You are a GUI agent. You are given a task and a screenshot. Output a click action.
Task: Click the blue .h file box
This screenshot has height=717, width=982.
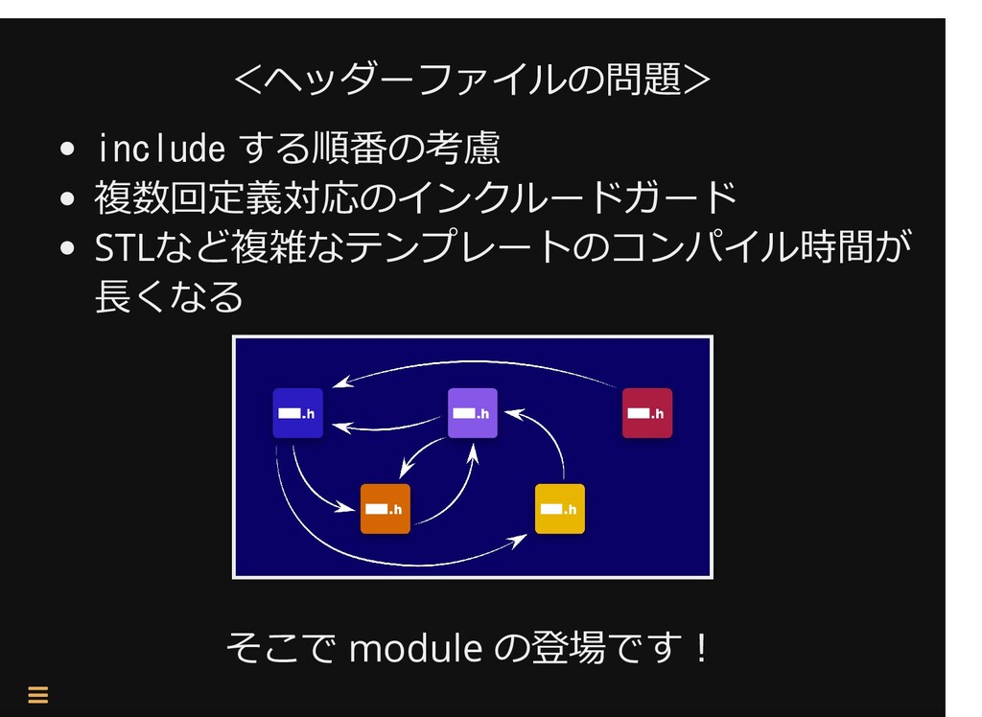pos(297,413)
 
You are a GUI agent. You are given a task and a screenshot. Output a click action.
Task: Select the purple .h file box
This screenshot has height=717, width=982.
pos(472,413)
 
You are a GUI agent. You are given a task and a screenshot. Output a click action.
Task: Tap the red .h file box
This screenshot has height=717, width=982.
pos(647,413)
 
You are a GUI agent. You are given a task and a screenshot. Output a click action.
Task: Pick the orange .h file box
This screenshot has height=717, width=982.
pos(386,508)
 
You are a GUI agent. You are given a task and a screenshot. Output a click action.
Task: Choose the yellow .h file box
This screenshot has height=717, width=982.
pos(560,508)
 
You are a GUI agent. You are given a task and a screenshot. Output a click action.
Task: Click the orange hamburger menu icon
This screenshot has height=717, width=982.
pos(38,694)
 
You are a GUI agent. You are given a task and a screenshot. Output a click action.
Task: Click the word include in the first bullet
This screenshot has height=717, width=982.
pos(161,149)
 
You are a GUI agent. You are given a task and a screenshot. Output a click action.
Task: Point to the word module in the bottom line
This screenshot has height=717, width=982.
pos(415,647)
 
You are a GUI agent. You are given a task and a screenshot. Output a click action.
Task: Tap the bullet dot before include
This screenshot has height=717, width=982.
pos(67,150)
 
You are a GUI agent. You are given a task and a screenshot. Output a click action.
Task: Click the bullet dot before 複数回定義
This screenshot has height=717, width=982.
pos(67,199)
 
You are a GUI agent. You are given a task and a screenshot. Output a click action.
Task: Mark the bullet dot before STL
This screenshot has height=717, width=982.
pos(67,248)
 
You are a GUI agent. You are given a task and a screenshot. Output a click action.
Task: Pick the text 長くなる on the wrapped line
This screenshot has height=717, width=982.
pos(169,296)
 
